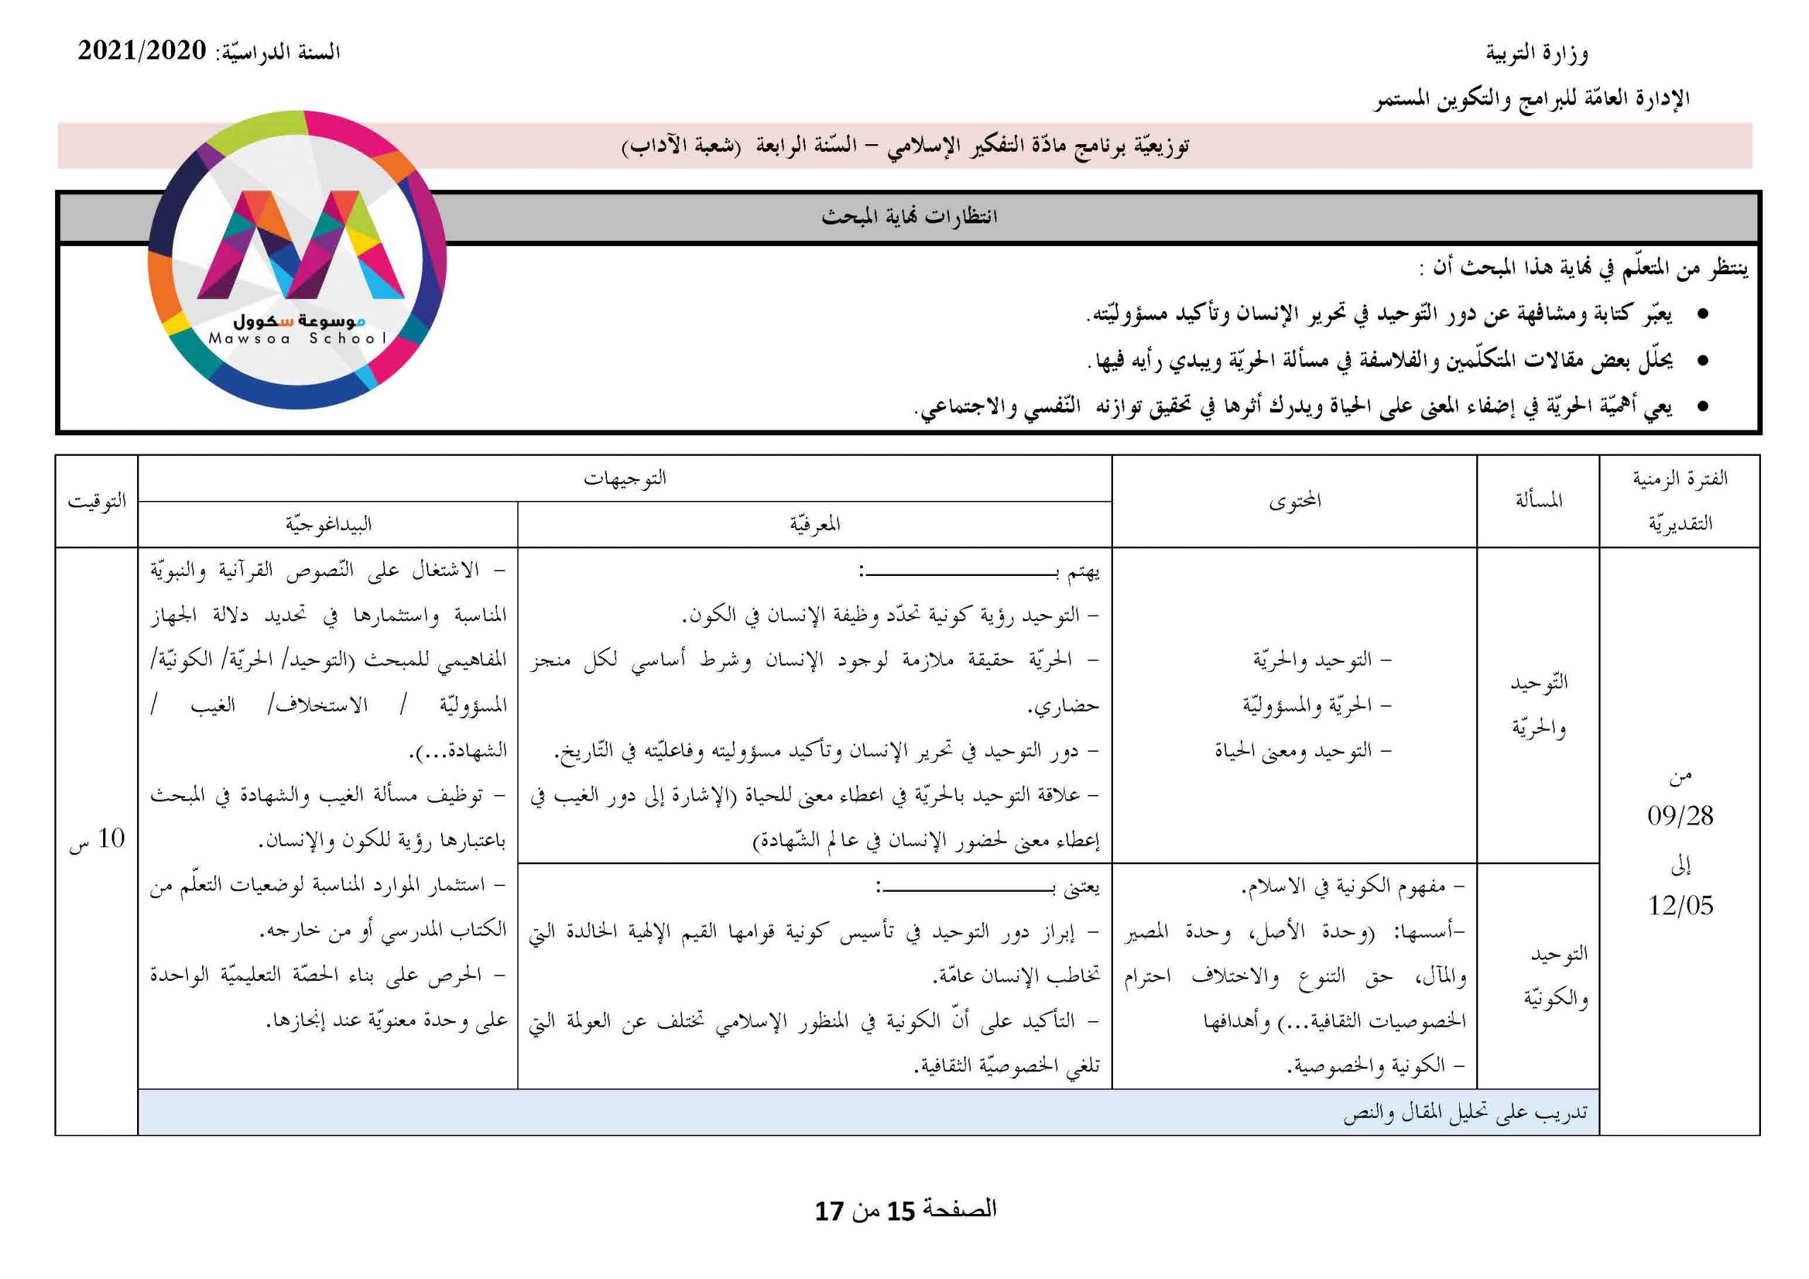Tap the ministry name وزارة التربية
(1536, 53)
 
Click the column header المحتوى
(1295, 501)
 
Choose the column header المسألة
(1538, 501)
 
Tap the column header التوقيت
(96, 501)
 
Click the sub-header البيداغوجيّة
(328, 524)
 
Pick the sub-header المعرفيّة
(815, 524)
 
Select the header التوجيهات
(624, 478)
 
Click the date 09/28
(1680, 815)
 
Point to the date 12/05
(1680, 905)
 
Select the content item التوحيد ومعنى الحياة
(1303, 751)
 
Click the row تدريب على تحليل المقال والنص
(1465, 1112)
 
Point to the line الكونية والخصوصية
(1375, 1066)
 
